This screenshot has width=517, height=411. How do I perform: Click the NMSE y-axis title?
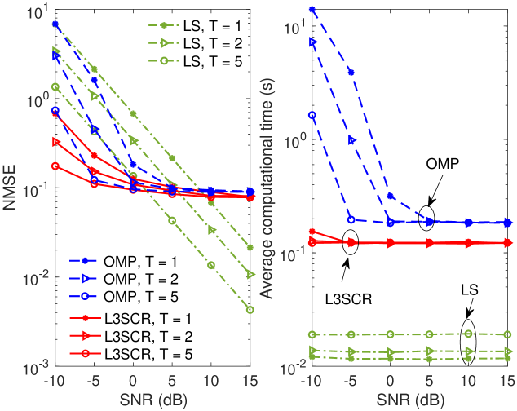11,185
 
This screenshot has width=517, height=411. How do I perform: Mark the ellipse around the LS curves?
468,343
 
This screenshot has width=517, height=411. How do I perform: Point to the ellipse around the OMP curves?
427,219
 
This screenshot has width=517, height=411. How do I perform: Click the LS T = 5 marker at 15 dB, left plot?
250,310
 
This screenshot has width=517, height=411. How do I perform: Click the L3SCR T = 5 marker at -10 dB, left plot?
55,166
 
